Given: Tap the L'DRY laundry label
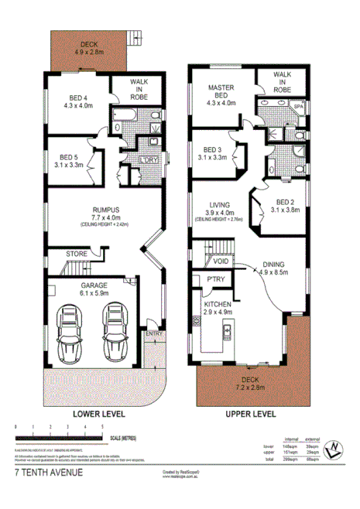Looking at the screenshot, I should [146, 160].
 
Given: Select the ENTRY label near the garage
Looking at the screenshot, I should [153, 333].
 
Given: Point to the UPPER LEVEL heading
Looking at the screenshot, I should [250, 414].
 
